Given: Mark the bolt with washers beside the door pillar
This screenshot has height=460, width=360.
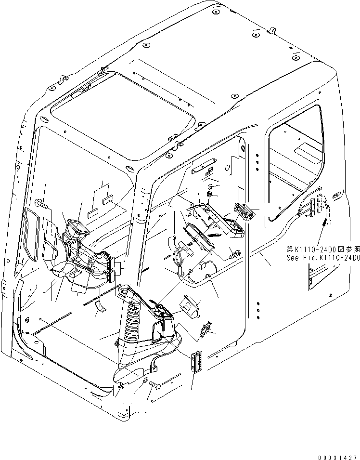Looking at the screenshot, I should pos(235,253).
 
